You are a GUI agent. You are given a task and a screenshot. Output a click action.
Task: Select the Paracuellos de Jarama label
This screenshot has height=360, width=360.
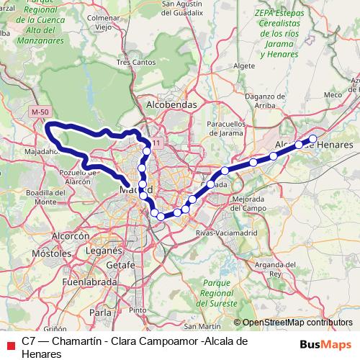click(226, 128)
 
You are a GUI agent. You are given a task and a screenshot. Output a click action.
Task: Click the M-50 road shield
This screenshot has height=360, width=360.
click(40, 112)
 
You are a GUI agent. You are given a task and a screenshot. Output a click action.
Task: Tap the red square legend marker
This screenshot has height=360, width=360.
click(10, 345)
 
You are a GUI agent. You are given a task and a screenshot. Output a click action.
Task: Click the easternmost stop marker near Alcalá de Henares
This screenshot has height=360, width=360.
click(313, 138)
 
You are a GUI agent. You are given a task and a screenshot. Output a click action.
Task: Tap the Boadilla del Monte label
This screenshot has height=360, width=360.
click(40, 197)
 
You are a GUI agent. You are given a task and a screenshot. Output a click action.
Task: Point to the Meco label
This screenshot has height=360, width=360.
click(333, 94)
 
